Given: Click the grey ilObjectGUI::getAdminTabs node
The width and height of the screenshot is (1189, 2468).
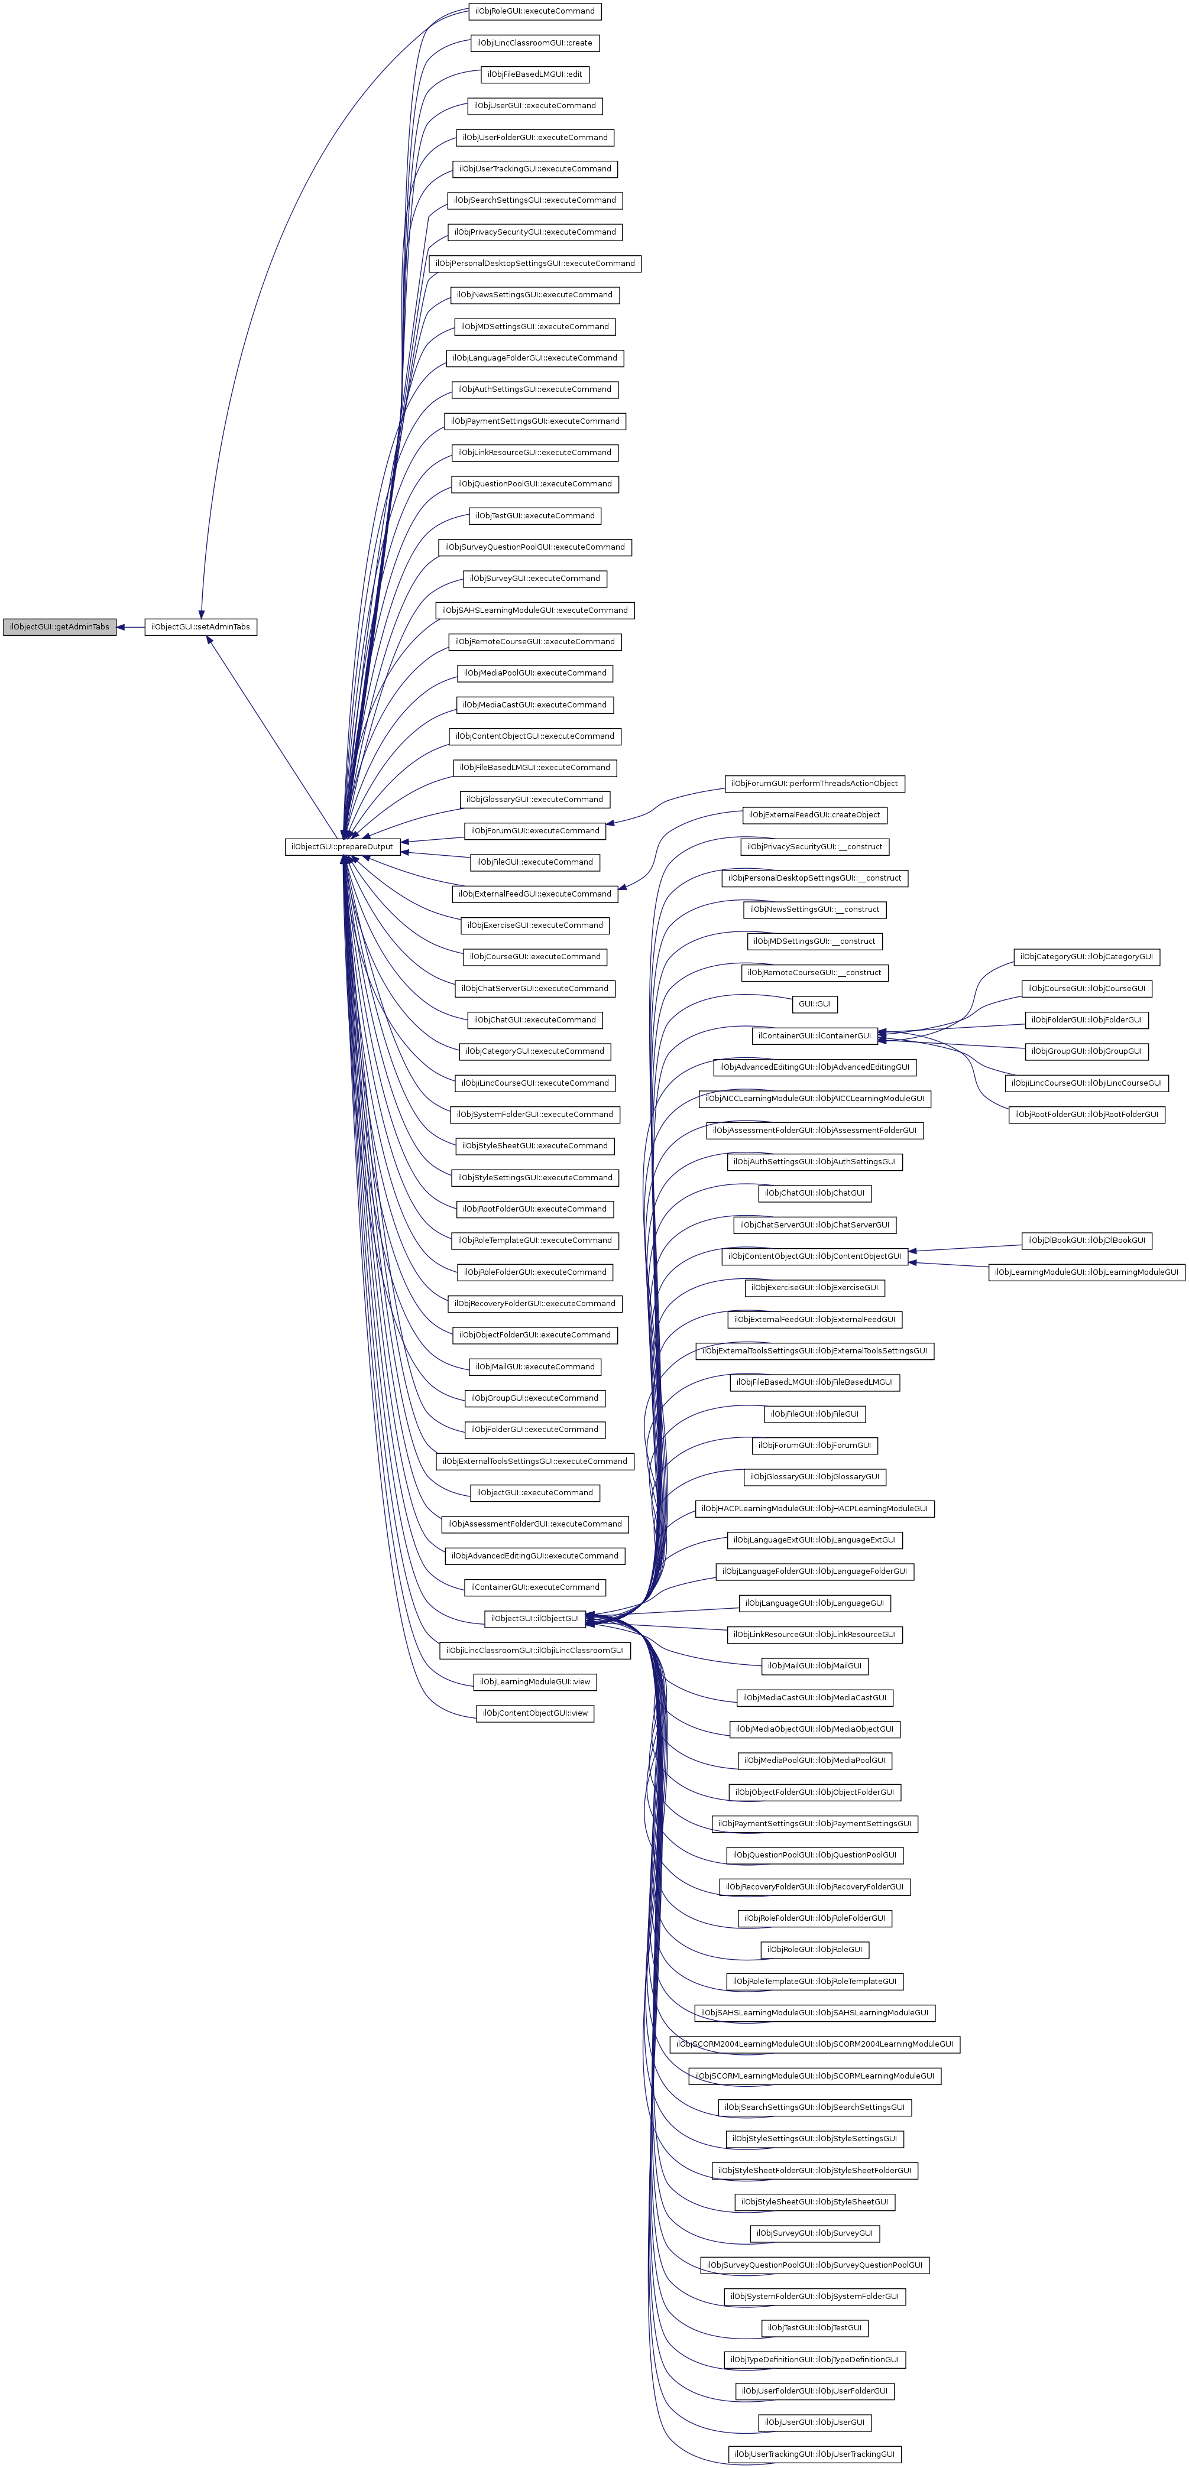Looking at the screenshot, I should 59,626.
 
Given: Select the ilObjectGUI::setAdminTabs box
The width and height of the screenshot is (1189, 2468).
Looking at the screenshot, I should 200,626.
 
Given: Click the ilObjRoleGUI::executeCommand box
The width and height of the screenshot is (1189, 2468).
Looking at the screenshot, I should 534,11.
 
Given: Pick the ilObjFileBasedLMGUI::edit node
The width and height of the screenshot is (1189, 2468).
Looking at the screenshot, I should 534,74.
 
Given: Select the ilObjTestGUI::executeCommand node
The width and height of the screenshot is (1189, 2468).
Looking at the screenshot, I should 534,515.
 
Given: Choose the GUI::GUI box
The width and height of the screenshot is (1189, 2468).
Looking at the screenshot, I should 814,1004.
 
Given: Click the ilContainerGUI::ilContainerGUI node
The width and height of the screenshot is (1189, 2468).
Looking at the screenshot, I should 814,1035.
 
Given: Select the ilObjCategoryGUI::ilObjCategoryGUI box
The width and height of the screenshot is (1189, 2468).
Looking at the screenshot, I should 1087,957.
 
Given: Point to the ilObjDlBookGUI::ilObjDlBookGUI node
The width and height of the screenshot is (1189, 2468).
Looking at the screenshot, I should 1087,1240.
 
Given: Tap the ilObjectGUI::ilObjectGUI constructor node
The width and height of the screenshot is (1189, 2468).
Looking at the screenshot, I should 534,1618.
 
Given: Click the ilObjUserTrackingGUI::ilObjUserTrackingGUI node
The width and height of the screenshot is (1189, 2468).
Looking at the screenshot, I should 814,2454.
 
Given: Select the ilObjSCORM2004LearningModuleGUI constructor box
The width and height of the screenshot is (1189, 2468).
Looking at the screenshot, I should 814,2044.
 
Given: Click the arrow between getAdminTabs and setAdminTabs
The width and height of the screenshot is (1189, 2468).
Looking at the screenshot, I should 130,626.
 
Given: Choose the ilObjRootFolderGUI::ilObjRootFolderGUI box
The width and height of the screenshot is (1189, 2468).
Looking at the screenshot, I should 1087,1114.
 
